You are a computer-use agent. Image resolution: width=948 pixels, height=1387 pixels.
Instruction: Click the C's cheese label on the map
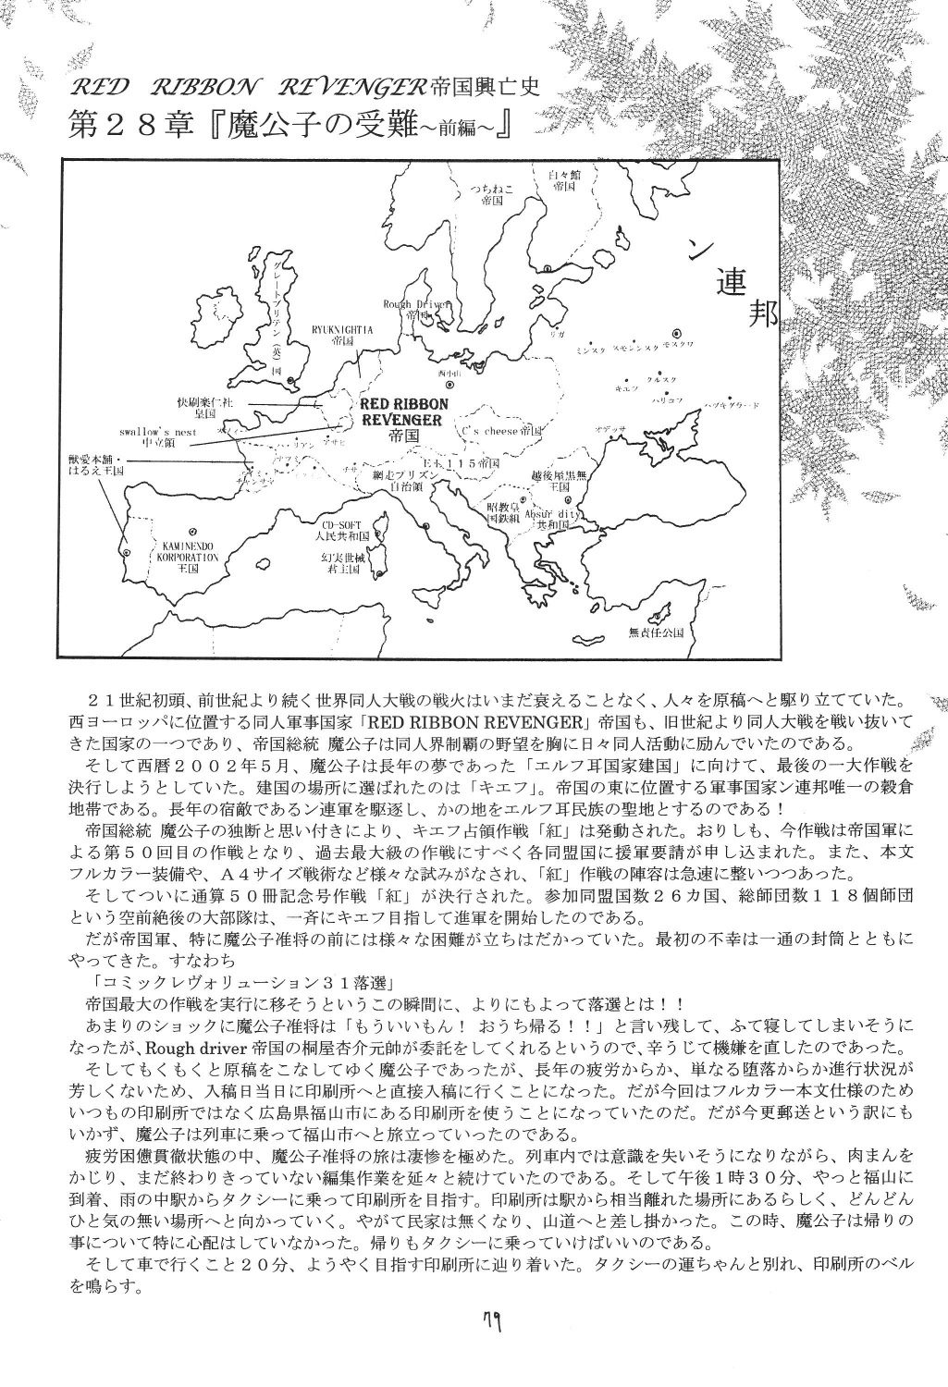(x=501, y=431)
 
